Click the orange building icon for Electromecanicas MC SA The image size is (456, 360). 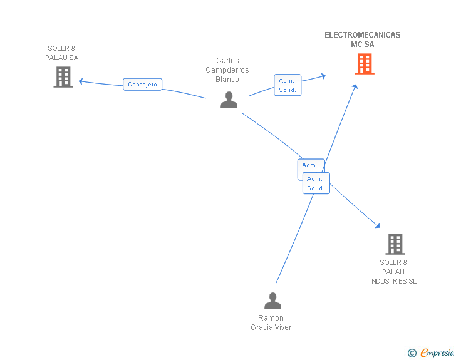(365, 64)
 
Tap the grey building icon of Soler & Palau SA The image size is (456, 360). (63, 77)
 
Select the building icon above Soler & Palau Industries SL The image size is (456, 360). (395, 244)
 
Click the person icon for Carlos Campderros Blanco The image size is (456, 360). (229, 100)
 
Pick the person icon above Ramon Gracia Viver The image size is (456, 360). (272, 301)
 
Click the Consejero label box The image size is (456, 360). (143, 85)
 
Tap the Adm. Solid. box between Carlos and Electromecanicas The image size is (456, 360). (288, 85)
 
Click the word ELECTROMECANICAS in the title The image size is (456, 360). (362, 35)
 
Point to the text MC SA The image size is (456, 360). (362, 44)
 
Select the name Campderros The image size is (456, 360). (227, 70)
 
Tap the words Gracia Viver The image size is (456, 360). (271, 327)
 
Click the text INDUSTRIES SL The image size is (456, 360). (393, 281)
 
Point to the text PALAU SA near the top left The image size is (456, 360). (61, 58)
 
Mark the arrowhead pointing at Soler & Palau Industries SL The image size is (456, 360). (377, 225)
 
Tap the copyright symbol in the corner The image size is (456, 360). (412, 353)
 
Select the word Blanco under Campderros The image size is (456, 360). (227, 80)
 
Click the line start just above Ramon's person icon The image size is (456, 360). (276, 283)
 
